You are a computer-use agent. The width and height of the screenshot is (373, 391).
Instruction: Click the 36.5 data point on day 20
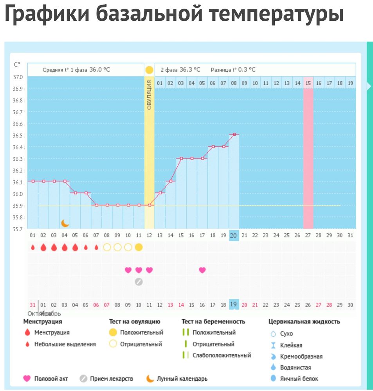pyautogui.click(x=234, y=135)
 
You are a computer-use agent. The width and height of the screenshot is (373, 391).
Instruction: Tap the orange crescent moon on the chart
pyautogui.click(x=65, y=223)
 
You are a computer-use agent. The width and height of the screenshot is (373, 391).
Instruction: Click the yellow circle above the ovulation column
pyautogui.click(x=149, y=70)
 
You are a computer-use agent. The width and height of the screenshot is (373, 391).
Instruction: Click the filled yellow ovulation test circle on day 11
pyautogui.click(x=139, y=247)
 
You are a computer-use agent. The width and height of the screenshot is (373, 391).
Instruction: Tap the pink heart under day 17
pyautogui.click(x=202, y=270)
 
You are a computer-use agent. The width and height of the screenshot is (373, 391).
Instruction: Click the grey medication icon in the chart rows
pyautogui.click(x=139, y=282)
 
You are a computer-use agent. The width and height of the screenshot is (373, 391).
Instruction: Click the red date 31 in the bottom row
pyautogui.click(x=32, y=305)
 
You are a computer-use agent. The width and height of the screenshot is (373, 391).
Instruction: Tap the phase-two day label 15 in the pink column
pyautogui.click(x=308, y=83)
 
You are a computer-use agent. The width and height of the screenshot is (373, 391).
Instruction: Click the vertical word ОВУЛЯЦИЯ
pyautogui.click(x=149, y=95)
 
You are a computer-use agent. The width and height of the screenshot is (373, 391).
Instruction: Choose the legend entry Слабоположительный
pyautogui.click(x=222, y=355)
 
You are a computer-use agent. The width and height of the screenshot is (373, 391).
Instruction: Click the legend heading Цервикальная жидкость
pyautogui.click(x=304, y=322)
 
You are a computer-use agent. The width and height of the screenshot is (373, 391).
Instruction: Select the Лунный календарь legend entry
pyautogui.click(x=182, y=378)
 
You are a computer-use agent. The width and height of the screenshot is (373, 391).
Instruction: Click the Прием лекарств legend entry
pyautogui.click(x=111, y=378)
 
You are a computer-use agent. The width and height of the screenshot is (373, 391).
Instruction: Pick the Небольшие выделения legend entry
pyautogui.click(x=65, y=344)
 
